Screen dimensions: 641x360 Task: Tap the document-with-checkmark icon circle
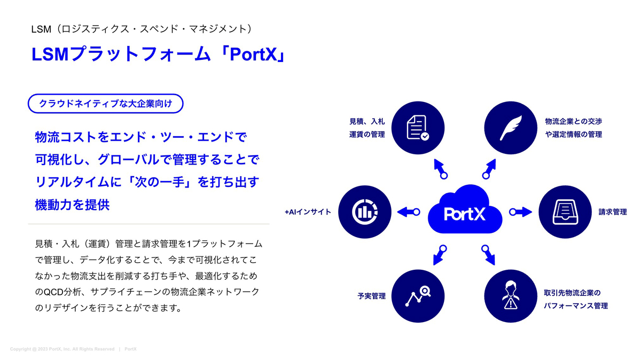point(418,128)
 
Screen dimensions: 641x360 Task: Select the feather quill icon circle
point(511,128)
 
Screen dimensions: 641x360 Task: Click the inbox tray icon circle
point(565,212)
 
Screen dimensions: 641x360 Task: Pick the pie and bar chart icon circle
point(364,212)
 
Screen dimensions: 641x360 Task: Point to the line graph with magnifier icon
point(418,296)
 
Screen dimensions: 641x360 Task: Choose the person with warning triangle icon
point(511,296)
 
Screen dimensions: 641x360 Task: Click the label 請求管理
point(613,212)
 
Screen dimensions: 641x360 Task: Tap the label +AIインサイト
point(308,212)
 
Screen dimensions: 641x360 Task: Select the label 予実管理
point(371,296)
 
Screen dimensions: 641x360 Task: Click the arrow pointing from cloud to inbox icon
point(520,212)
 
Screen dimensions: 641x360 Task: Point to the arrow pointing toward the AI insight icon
point(409,212)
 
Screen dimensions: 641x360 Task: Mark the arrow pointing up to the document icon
point(440,169)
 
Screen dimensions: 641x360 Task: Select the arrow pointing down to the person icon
point(488,255)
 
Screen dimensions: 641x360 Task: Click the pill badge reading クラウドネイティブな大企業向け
point(106,104)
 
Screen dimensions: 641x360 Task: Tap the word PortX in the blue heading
point(253,54)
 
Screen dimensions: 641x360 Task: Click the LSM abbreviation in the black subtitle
point(41,29)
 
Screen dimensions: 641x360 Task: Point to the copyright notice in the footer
point(62,349)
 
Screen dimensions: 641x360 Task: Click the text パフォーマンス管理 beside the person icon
point(576,306)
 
